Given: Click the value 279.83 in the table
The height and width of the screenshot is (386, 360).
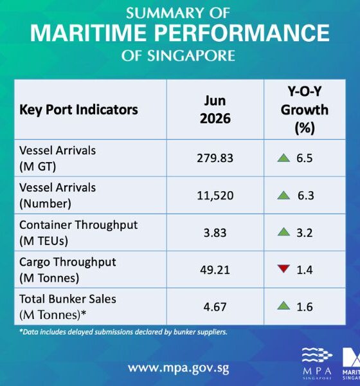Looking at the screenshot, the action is tap(215, 158).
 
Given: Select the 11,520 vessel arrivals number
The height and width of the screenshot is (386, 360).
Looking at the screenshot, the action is tap(215, 196).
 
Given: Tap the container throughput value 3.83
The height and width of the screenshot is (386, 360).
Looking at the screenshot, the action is tap(215, 233).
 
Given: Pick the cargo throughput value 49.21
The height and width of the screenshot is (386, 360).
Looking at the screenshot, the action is tap(215, 270).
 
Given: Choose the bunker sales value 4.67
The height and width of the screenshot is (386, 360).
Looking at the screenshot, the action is tap(215, 307).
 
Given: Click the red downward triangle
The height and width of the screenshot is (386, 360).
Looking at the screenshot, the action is tap(283, 268).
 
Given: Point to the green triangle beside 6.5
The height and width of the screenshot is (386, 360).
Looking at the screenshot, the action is tap(283, 158).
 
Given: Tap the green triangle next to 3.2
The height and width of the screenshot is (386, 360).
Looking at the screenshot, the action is tap(283, 232).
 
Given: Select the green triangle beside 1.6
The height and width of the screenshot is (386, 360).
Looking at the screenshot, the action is tap(283, 306).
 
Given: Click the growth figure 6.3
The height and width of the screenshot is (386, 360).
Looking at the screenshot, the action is tap(305, 196).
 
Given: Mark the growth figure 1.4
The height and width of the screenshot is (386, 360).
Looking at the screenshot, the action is tap(305, 270).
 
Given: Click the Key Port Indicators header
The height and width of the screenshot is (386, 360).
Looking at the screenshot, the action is tap(78, 110).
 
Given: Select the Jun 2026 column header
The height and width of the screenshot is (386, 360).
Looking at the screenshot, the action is tap(215, 109).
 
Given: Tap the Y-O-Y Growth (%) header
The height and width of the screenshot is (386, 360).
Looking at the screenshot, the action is tap(305, 110).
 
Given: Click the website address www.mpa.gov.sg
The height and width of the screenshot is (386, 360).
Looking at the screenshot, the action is tap(179, 369).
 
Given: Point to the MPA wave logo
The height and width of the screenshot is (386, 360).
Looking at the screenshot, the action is tap(317, 355).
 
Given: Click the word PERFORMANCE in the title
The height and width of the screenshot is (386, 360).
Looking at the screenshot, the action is tap(242, 33).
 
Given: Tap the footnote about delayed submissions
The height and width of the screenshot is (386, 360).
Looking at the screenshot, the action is tap(123, 332).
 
